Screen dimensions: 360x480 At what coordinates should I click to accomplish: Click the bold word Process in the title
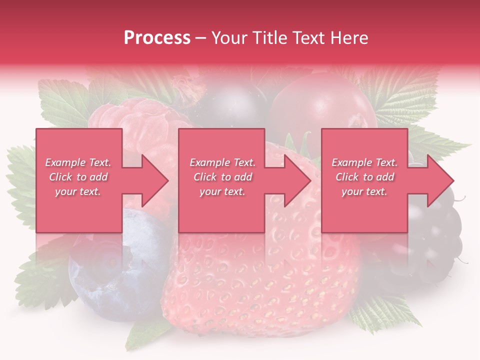[157, 37]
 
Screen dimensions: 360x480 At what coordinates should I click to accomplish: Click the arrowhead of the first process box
[155, 180]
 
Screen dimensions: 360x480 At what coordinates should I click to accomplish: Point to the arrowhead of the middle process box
[297, 180]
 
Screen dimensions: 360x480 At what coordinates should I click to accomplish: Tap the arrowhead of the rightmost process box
[440, 180]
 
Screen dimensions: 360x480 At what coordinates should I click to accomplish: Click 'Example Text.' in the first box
[78, 162]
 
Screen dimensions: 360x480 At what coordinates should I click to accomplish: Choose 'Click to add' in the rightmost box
[365, 177]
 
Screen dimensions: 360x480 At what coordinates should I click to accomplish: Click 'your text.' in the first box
[78, 191]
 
